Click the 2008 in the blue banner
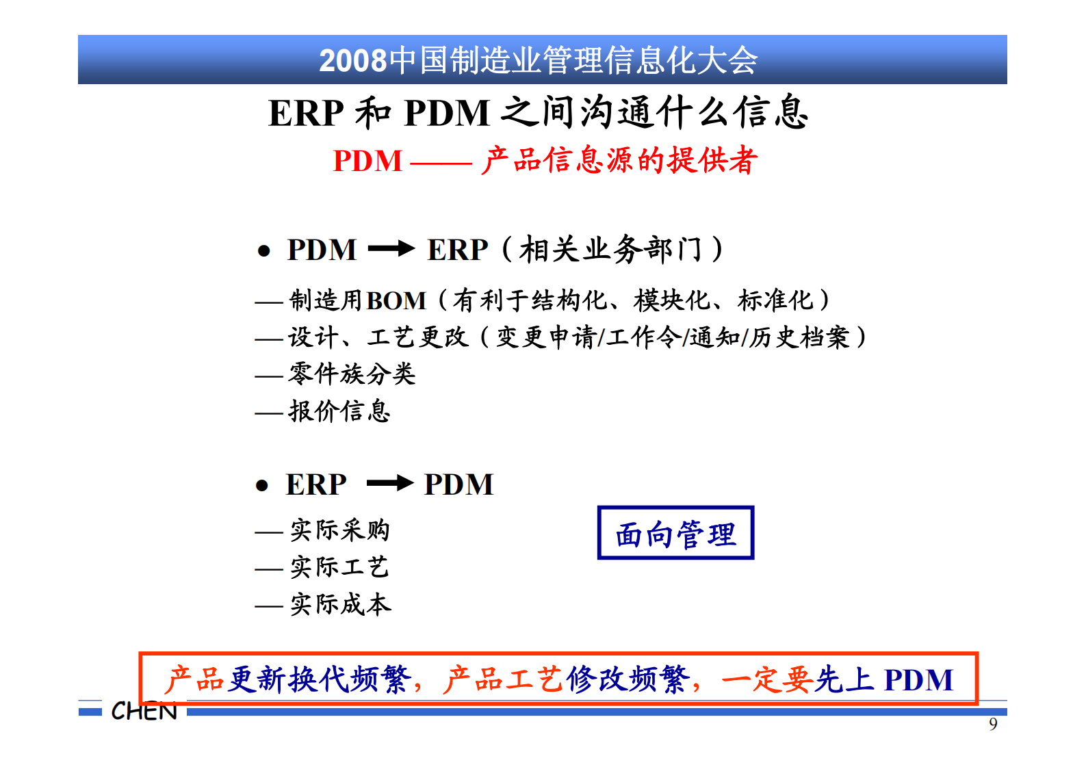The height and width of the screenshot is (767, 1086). click(x=352, y=61)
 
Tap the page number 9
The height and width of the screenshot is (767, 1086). click(x=993, y=724)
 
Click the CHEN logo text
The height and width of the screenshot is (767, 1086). click(x=144, y=712)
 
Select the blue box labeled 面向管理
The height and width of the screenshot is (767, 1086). click(x=675, y=533)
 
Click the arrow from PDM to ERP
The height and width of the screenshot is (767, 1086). click(x=391, y=249)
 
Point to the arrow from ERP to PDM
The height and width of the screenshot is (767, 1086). click(x=389, y=484)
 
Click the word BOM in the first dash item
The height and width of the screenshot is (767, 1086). click(x=396, y=301)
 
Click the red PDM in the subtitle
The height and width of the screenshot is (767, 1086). click(x=367, y=161)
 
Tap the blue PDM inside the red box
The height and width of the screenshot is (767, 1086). click(x=918, y=680)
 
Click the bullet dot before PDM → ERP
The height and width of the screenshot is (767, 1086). click(x=263, y=252)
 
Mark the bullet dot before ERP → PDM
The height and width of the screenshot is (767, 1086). click(x=261, y=486)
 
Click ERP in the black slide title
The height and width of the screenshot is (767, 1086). click(x=306, y=114)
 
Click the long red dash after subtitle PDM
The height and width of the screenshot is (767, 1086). click(x=441, y=163)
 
